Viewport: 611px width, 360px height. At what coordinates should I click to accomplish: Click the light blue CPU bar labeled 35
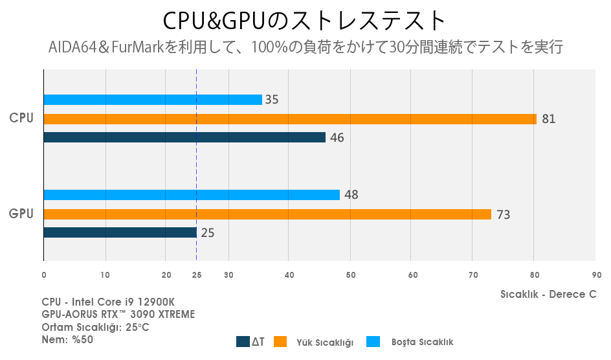click(152, 100)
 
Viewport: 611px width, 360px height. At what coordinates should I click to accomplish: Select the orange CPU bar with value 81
click(289, 119)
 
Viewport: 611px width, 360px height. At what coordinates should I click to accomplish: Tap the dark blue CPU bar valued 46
click(184, 137)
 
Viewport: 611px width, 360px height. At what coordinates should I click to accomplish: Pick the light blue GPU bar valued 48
click(191, 195)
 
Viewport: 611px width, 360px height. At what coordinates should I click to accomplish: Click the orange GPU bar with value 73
click(267, 214)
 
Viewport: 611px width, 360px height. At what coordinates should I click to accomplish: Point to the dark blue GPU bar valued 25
click(120, 232)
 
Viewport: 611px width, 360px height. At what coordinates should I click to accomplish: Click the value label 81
click(549, 119)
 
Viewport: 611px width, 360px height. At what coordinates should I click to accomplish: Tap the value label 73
click(503, 214)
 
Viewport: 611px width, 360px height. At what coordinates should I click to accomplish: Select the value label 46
click(337, 137)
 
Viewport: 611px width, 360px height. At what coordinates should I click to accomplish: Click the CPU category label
click(21, 118)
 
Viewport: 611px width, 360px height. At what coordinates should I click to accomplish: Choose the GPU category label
click(21, 213)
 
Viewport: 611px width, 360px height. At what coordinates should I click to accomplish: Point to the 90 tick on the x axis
click(595, 275)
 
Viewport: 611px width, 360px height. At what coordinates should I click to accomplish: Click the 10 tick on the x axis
click(105, 275)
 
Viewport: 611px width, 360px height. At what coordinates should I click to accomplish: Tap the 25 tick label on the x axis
click(197, 275)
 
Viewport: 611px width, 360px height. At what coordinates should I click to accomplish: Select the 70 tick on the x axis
click(472, 275)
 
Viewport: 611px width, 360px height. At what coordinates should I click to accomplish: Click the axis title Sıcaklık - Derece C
click(548, 294)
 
